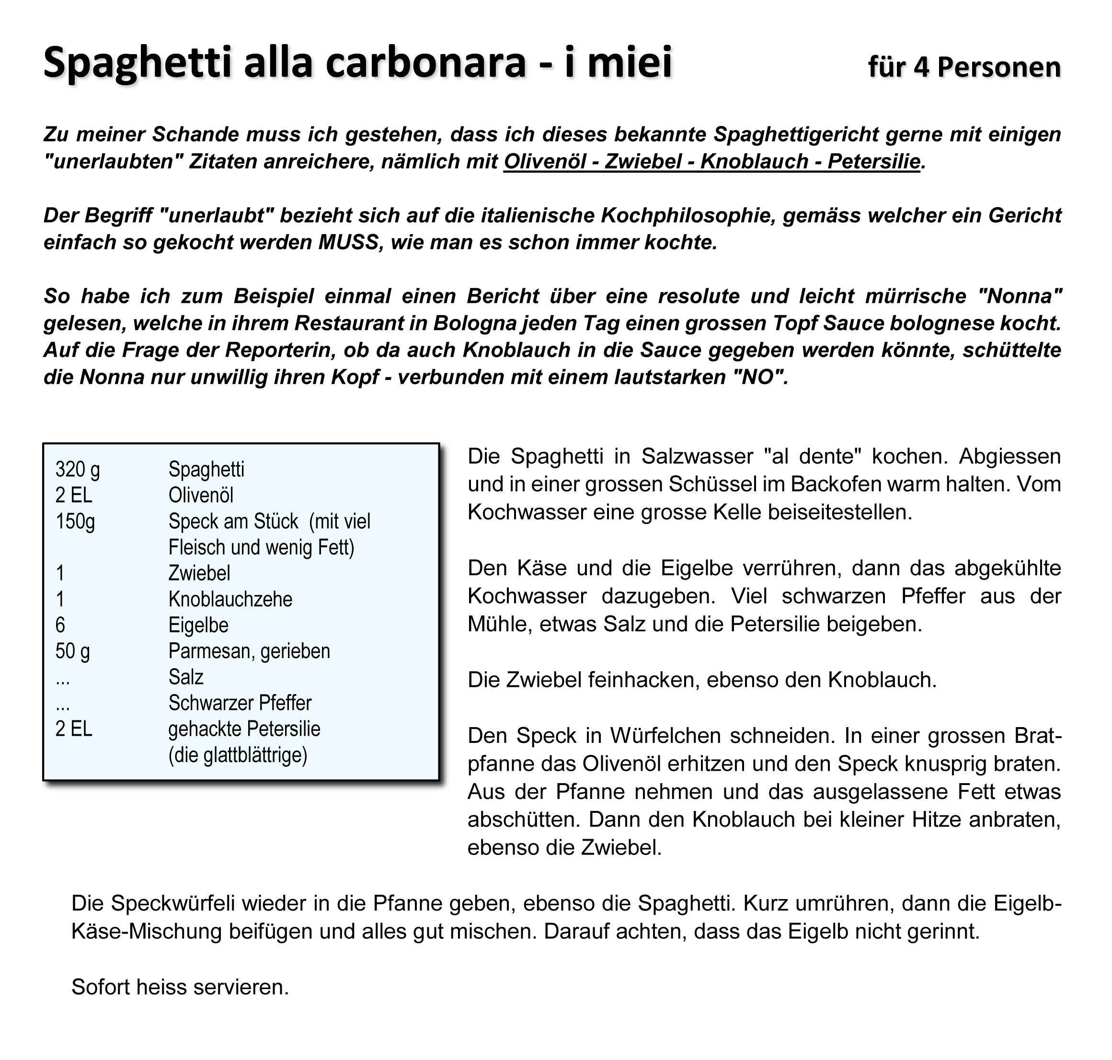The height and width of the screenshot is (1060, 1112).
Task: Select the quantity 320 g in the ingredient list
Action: coord(78,469)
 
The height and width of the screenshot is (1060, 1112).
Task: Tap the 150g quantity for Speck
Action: coord(75,521)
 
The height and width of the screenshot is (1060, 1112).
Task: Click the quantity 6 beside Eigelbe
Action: coord(60,625)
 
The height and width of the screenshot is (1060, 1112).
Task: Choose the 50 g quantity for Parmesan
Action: coord(73,651)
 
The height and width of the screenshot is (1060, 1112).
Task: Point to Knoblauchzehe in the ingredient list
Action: coord(230,599)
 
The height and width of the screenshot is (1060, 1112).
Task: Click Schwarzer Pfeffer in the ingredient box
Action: coord(240,703)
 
